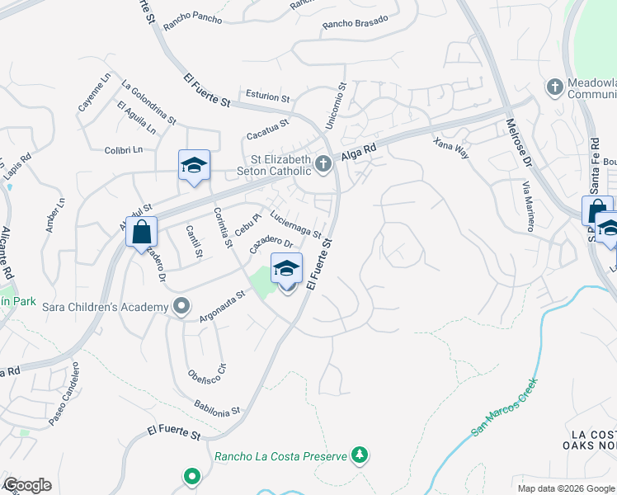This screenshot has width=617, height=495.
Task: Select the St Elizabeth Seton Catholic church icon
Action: click(323, 164)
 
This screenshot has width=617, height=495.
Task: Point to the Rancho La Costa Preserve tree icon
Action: click(359, 455)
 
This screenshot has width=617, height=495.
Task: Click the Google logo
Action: click(27, 485)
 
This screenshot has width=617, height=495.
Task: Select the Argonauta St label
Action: click(223, 306)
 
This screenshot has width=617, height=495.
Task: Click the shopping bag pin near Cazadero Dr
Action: click(141, 231)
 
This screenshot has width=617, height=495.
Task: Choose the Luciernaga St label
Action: click(295, 224)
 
